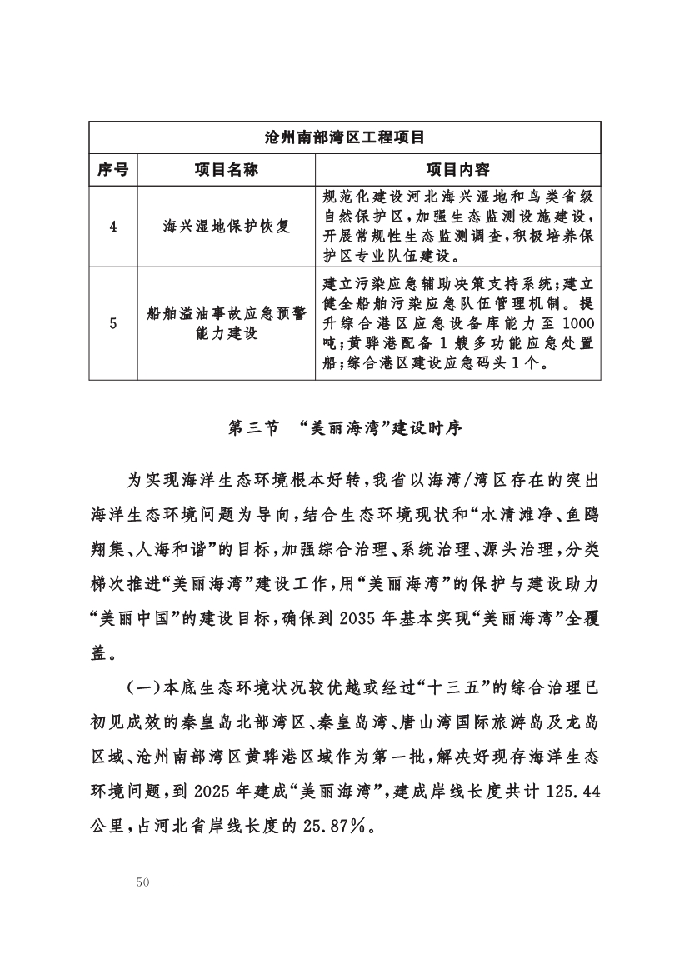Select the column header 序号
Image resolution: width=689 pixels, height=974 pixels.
[x=112, y=170]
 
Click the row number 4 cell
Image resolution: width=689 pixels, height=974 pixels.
[x=112, y=226]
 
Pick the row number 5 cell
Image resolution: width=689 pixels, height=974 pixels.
[x=112, y=323]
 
